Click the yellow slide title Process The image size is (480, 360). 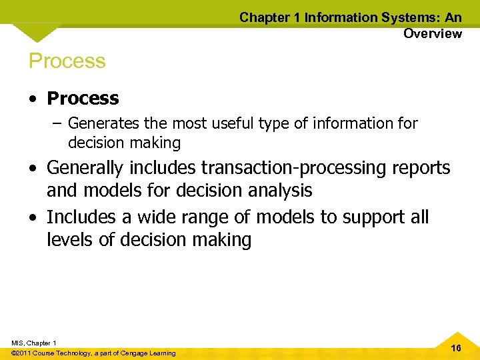click(x=67, y=61)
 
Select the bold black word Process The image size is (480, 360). click(x=83, y=99)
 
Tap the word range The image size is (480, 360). click(x=216, y=217)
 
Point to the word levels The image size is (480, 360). click(x=70, y=240)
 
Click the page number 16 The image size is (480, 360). click(x=456, y=349)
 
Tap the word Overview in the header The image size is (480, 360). click(x=432, y=34)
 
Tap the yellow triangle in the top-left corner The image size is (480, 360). click(x=36, y=31)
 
